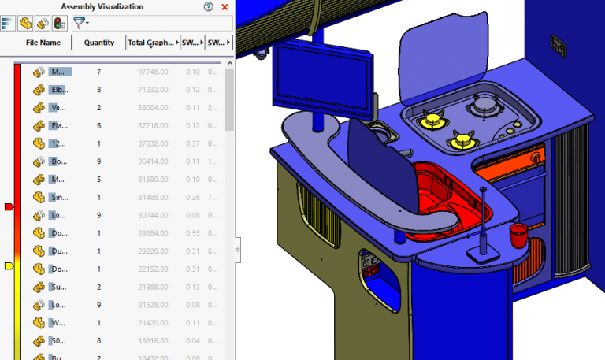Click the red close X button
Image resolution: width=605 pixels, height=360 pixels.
tap(225, 7)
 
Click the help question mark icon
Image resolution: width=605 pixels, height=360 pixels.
tap(208, 7)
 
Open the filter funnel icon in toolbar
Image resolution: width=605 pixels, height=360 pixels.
tap(80, 24)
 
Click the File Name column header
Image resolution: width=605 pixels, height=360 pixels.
tap(43, 43)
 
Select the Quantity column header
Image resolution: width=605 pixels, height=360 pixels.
tap(98, 43)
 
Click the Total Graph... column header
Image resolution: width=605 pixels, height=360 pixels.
tap(151, 43)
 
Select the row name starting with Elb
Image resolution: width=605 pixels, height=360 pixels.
tap(60, 90)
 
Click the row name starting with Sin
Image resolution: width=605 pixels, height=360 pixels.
tap(60, 198)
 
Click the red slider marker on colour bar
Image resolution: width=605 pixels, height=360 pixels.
tap(9, 206)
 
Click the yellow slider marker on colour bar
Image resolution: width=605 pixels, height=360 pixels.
tap(9, 266)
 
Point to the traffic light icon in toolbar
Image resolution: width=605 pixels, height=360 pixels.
tap(60, 24)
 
